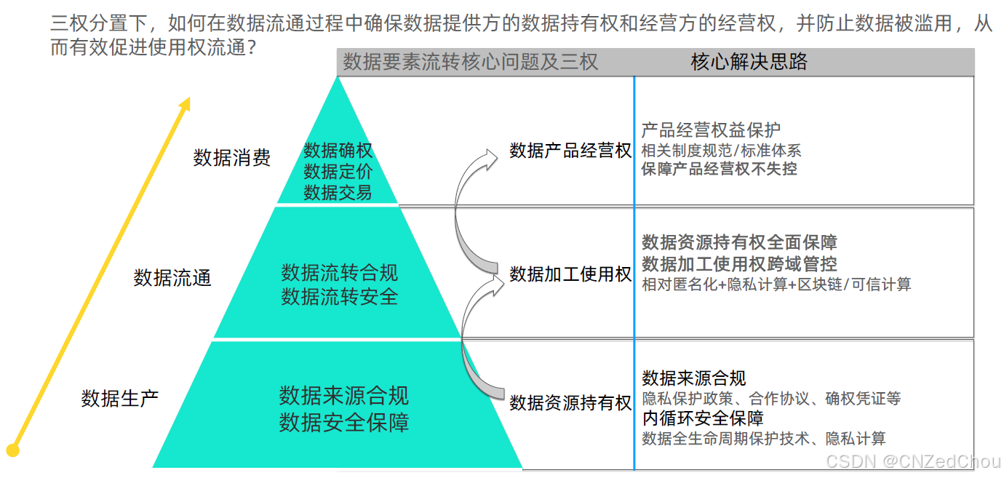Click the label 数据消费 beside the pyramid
coord(231,158)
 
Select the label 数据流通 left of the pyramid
coord(172,277)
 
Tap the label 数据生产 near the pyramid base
coord(119,398)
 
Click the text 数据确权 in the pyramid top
coord(338,151)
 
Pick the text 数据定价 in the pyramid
coord(338,172)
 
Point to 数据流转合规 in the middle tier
coord(339,273)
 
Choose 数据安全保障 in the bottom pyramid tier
coord(343,423)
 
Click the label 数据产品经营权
coord(570,151)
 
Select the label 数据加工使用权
coord(570,274)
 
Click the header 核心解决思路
coord(749,62)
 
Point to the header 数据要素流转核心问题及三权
coord(470,62)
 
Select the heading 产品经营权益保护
coord(710,130)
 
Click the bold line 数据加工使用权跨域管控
coord(739,263)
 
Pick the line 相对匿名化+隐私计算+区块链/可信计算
coord(776,284)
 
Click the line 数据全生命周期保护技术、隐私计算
coord(763,439)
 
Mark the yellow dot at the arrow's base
coord(12,450)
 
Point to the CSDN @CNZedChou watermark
coord(914,461)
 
